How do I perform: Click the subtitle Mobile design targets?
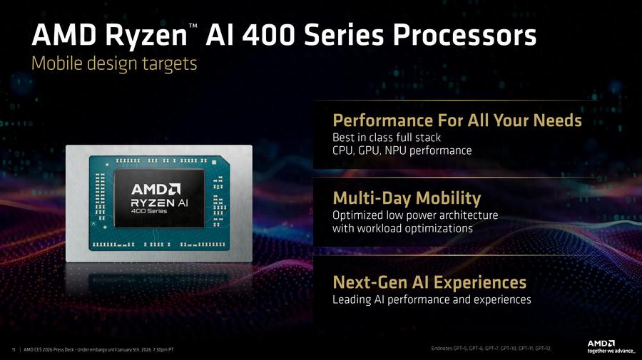coord(113,63)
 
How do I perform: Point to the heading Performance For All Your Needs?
coord(457,120)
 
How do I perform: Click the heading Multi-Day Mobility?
coord(407,197)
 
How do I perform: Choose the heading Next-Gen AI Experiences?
coord(429,282)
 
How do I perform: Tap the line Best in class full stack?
coord(387,137)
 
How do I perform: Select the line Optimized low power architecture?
coord(415,215)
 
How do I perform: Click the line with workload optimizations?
coord(402,229)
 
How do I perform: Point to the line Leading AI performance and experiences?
coord(432,299)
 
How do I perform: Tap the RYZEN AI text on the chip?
coord(158,203)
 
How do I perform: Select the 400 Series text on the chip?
coord(148,212)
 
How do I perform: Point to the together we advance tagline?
coord(609,350)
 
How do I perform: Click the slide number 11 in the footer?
coord(14,349)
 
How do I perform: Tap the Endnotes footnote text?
coord(491,348)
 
